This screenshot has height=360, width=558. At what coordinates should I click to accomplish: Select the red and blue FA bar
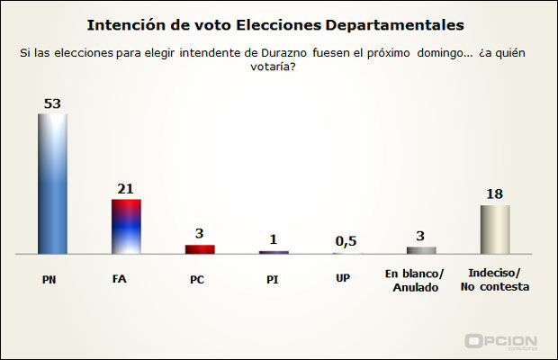coord(125,226)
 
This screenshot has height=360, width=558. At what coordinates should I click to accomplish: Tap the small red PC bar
coord(199,249)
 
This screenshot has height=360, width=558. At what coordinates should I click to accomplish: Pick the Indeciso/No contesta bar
coord(495,229)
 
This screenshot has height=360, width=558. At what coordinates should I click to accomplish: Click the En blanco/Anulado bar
coord(421,250)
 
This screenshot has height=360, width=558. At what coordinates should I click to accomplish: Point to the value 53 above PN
coord(52,103)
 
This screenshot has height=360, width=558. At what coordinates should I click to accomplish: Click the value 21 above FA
coord(125,189)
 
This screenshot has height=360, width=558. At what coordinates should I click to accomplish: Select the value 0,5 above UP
coord(346,241)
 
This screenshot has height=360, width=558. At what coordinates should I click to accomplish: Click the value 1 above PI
coord(274,240)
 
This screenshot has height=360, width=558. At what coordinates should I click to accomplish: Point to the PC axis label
coord(197,279)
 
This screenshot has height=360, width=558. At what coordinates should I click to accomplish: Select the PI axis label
coord(271,279)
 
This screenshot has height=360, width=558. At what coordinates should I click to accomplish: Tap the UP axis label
coord(343,279)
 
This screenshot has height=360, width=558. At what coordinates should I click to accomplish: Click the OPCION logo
coord(500,342)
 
